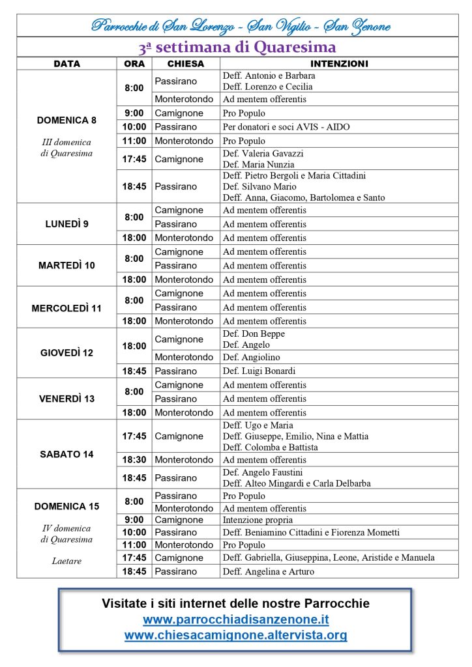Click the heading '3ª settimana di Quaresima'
coord(237,48)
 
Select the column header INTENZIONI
coord(339,64)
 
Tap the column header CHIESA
coord(186,64)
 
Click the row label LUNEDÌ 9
coord(66,223)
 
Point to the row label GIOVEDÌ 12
coord(66,352)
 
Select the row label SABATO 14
coord(66,454)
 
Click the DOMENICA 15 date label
coord(66,506)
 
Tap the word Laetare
coord(66,560)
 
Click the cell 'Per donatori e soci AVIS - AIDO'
coord(286,127)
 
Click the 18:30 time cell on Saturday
coord(134,460)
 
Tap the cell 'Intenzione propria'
coord(258,520)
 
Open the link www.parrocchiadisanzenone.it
coord(236,619)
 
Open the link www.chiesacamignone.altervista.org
coord(236,634)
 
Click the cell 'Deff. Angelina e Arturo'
coord(269,572)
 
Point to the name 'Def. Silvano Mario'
coord(258,186)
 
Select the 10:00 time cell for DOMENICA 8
coord(134,127)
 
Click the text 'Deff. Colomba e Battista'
coord(271,447)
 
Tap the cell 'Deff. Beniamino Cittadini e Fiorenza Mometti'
coord(311,532)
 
